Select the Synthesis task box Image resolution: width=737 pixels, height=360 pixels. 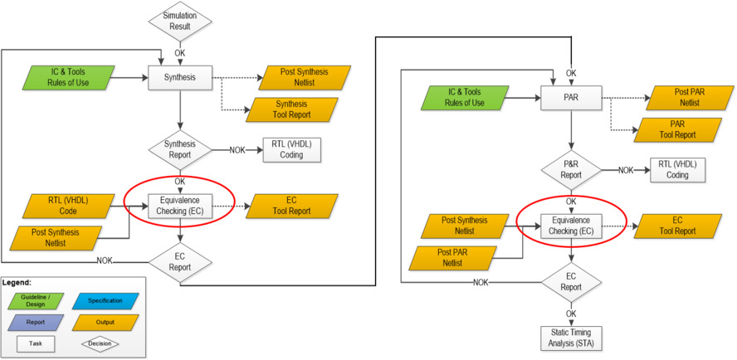tap(179, 79)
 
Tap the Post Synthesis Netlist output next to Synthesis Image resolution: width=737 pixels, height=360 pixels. tap(297, 79)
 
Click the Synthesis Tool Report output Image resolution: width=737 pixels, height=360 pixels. tap(291, 109)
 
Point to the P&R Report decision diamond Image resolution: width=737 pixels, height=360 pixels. tap(571, 169)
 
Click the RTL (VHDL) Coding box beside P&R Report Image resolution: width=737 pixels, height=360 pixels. tap(677, 169)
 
